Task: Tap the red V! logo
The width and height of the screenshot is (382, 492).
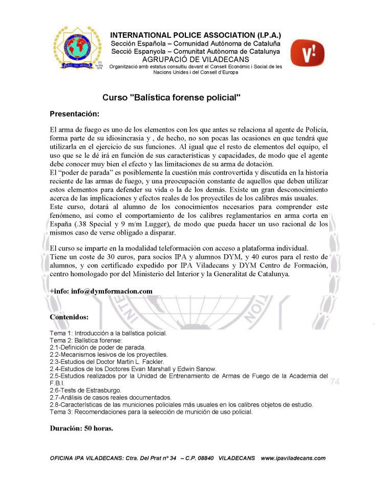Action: (307, 53)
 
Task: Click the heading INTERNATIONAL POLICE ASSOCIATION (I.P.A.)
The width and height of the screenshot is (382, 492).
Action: (196, 35)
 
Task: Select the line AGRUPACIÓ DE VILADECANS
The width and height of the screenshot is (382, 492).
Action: (196, 59)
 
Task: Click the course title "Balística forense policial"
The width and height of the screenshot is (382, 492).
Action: (171, 97)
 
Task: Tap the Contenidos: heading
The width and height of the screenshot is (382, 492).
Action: (69, 317)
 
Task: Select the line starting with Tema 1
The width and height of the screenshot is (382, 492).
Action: (108, 333)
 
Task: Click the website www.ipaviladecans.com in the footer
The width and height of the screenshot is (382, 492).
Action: (293, 458)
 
